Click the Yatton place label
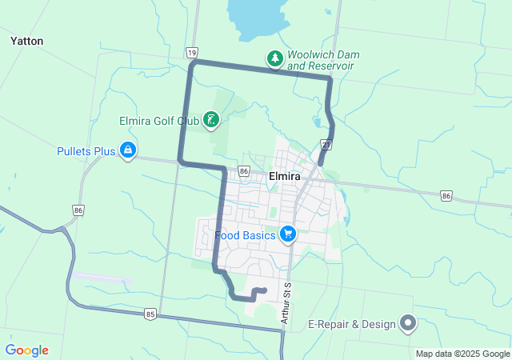point(26,41)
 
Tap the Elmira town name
point(285,176)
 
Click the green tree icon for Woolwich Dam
point(274,58)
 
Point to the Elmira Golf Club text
point(158,121)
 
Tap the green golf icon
point(210,121)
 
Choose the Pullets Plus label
point(86,150)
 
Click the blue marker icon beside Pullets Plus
point(127,150)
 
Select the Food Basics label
point(245,236)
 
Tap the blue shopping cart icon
point(288,234)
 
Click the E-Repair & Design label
point(352,325)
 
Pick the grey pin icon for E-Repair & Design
point(408,323)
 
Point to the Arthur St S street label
point(286,302)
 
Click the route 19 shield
point(192,52)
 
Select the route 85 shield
point(150,314)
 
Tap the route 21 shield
point(326,145)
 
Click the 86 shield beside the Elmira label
point(243,171)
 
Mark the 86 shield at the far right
point(446,195)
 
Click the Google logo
point(26,350)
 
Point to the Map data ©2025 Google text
point(462,354)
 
